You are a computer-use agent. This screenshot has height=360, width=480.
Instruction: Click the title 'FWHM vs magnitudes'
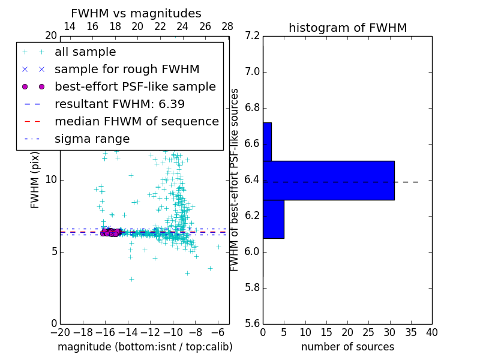[136, 13]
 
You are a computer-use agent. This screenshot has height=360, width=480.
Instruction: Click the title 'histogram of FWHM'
[347, 28]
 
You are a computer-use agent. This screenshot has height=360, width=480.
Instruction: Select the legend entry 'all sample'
[85, 52]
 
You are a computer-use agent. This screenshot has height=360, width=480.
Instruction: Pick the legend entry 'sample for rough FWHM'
[127, 69]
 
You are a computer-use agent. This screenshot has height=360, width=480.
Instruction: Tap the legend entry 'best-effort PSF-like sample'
[135, 86]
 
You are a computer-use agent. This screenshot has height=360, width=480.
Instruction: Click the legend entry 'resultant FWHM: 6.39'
[119, 104]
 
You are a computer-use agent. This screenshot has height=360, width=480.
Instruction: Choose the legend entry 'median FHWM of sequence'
[136, 121]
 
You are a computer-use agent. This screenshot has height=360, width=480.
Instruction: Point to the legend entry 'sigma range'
[92, 139]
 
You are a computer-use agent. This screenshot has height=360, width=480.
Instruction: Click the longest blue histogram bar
[328, 180]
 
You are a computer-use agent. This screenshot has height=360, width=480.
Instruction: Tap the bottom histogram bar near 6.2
[273, 219]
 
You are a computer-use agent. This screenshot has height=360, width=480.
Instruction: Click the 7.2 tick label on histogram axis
[252, 36]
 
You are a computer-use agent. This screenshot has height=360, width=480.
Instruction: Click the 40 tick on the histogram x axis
[431, 332]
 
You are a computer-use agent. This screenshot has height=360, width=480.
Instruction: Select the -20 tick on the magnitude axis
[60, 332]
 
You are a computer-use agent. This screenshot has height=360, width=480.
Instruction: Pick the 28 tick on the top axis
[227, 26]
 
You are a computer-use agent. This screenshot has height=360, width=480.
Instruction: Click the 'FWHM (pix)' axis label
[35, 179]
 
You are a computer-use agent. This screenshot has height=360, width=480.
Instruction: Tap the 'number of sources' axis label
[347, 347]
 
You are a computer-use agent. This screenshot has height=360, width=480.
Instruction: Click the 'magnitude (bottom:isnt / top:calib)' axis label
[145, 347]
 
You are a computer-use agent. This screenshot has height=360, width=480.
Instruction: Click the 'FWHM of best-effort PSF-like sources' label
[235, 179]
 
